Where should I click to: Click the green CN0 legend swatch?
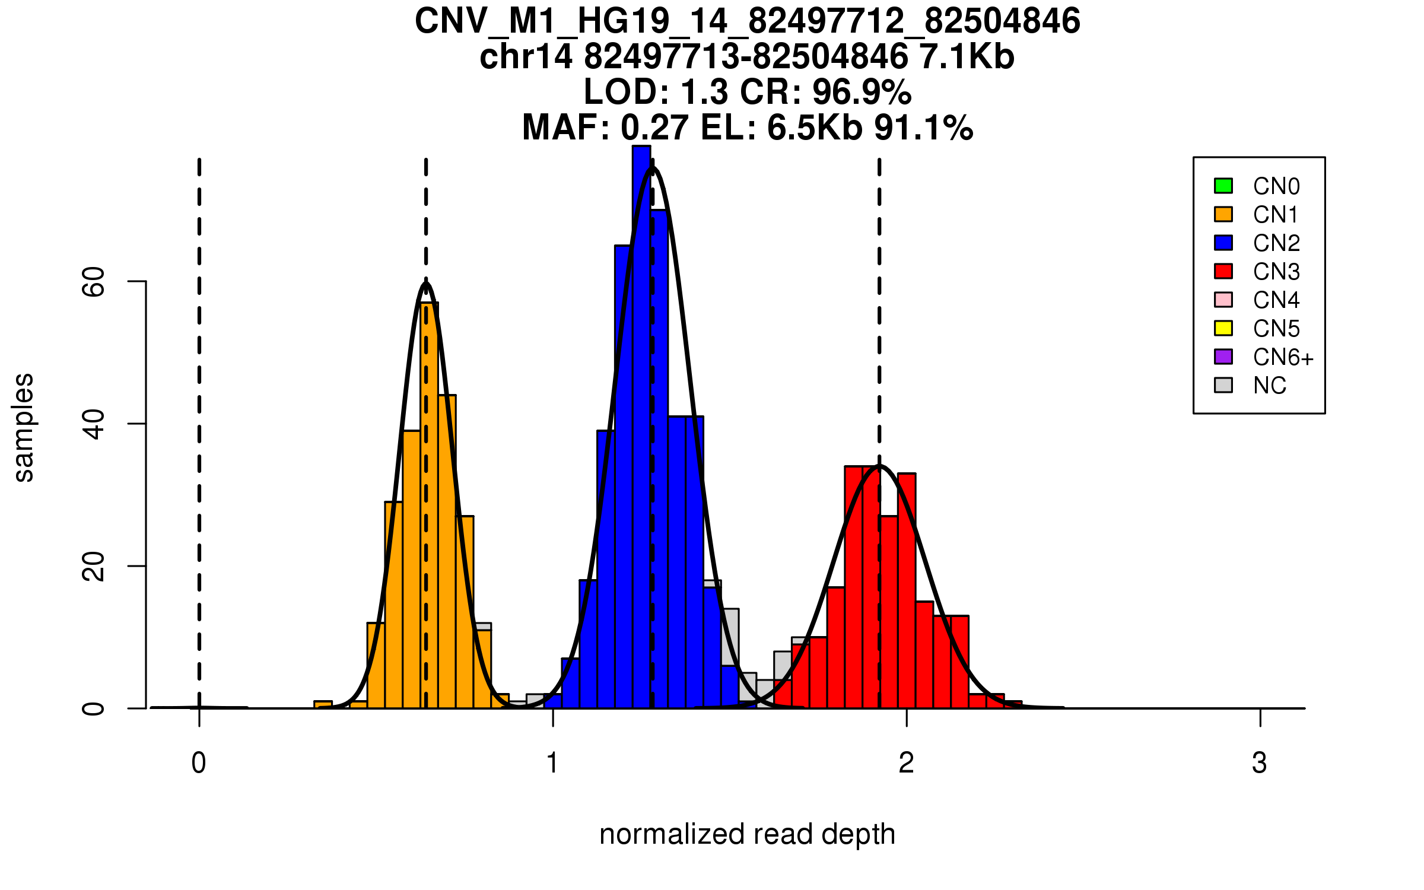(x=1223, y=186)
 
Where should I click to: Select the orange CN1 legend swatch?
(x=1223, y=214)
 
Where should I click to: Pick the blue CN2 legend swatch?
(x=1223, y=243)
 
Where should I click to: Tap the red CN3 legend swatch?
(x=1223, y=271)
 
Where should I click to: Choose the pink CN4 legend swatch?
(x=1223, y=300)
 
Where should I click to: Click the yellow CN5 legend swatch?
(x=1223, y=328)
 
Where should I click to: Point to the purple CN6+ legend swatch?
(x=1223, y=357)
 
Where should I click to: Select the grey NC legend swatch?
(x=1223, y=385)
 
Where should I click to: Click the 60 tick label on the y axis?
(x=94, y=281)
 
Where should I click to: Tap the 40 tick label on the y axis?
(x=94, y=424)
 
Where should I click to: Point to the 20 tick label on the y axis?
(x=94, y=566)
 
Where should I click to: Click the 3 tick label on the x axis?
(x=1260, y=763)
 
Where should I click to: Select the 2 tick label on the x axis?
(x=906, y=763)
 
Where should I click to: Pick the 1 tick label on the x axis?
(x=552, y=763)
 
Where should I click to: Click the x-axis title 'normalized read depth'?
(x=747, y=834)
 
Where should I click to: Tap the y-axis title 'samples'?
(x=24, y=427)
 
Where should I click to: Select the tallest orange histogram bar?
(x=429, y=504)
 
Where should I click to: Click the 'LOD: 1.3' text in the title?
(x=656, y=92)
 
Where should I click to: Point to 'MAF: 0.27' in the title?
(x=605, y=128)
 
